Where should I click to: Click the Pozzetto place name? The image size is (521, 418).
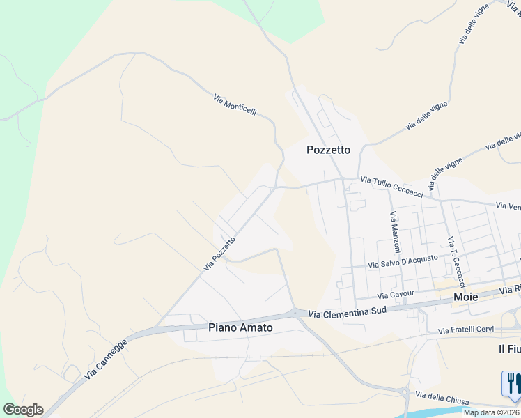(329, 150)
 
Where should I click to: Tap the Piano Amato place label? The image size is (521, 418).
(240, 327)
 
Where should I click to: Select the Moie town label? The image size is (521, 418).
(465, 297)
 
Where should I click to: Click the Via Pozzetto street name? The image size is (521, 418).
(219, 253)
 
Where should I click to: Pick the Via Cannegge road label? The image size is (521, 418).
(106, 359)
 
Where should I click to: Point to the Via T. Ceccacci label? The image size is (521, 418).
(457, 262)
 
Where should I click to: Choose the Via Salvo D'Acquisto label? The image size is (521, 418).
(403, 261)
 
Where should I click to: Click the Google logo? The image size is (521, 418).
(23, 410)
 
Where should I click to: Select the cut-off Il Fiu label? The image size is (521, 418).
(509, 348)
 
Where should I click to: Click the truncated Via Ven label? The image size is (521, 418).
(508, 206)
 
